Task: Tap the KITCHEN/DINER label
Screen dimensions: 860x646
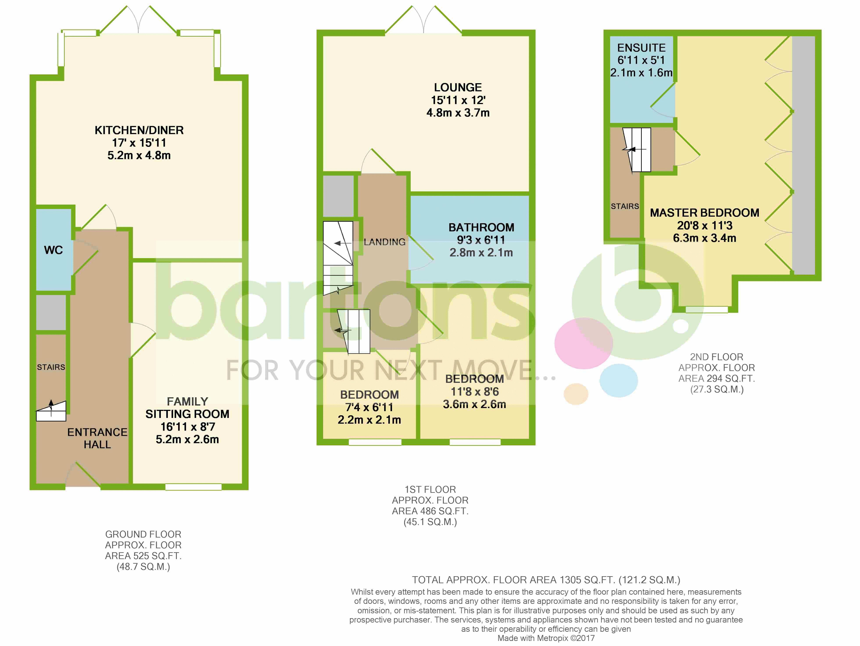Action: [x=139, y=130]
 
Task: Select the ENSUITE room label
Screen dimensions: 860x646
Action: [x=641, y=48]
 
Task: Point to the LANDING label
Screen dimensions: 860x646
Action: [x=385, y=242]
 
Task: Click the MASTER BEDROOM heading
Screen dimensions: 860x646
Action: [x=704, y=213]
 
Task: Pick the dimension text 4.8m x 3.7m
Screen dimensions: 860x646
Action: [x=458, y=113]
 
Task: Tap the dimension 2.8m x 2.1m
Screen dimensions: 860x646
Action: [x=481, y=252]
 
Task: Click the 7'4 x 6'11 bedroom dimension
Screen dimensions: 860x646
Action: [x=369, y=407]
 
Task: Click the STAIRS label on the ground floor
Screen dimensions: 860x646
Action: [x=51, y=367]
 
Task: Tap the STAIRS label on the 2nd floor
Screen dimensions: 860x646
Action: [x=625, y=206]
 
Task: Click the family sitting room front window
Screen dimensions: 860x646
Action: [x=193, y=487]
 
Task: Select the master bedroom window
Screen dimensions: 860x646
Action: [x=706, y=310]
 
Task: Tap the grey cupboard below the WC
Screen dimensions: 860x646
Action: [x=51, y=313]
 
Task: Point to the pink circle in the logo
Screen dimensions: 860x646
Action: [x=584, y=344]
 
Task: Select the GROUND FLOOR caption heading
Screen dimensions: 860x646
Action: [x=143, y=534]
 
